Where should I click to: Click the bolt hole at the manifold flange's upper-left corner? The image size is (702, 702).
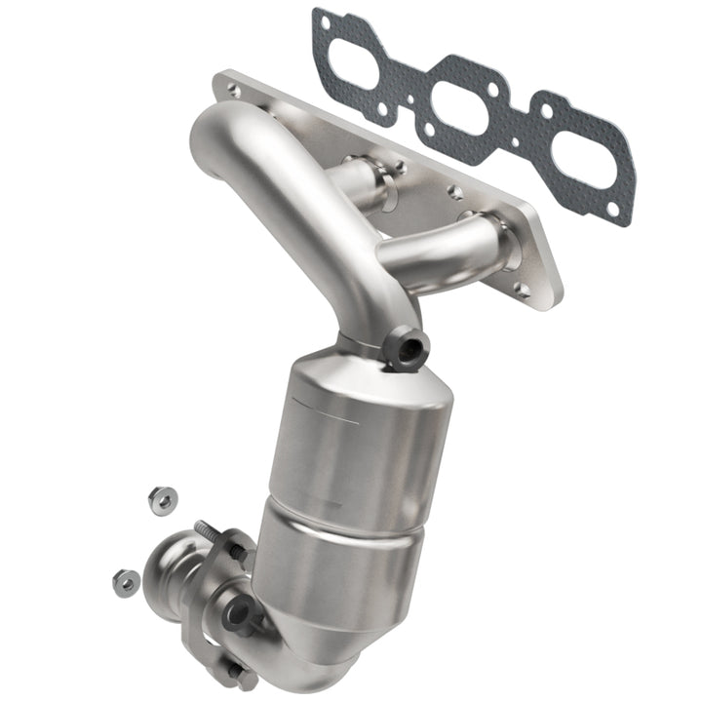tap(233, 89)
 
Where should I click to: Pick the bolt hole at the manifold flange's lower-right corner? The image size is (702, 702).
tap(523, 290)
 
